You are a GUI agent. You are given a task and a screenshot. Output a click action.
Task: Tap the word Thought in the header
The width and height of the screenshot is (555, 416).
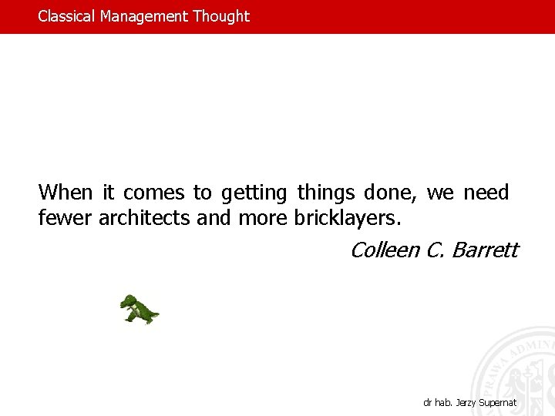(221, 16)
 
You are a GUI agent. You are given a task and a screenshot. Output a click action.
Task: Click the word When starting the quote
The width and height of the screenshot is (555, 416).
(66, 192)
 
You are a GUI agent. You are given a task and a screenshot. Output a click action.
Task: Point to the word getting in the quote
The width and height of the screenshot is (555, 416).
(253, 193)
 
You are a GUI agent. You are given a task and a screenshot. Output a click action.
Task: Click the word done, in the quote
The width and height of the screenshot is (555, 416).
(392, 192)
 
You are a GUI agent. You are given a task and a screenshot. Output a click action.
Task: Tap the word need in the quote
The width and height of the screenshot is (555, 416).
(486, 192)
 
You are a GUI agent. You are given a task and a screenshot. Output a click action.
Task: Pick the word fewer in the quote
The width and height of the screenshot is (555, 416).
(66, 219)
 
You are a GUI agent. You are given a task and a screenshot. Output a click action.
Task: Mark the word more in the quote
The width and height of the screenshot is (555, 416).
(264, 219)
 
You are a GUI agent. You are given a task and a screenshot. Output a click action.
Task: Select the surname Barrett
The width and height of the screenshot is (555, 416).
(485, 250)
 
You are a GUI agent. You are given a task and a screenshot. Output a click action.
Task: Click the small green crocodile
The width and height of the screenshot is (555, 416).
(139, 309)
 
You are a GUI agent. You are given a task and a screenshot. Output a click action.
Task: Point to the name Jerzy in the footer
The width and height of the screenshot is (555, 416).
(465, 403)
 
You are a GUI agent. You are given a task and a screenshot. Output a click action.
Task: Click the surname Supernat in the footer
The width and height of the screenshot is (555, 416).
(498, 403)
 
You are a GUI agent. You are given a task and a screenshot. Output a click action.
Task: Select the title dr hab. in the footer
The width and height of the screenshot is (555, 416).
(437, 403)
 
